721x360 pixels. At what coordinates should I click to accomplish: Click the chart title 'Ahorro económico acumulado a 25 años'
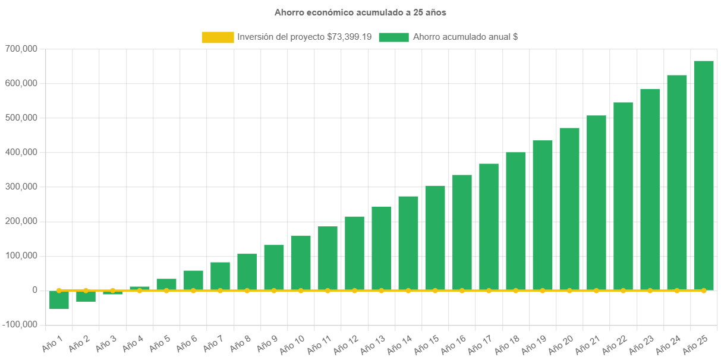[x=360, y=12]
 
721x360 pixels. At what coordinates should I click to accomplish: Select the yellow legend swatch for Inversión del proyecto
[x=217, y=37]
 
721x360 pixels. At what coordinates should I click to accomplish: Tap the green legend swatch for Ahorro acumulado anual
[x=393, y=37]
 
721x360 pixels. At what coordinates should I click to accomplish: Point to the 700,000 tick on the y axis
[x=21, y=49]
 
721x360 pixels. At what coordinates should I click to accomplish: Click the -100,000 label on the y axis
[x=20, y=324]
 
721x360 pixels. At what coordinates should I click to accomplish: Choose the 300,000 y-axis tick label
[x=21, y=187]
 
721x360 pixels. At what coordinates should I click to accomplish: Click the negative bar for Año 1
[x=59, y=300]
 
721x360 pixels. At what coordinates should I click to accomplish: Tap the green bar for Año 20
[x=569, y=209]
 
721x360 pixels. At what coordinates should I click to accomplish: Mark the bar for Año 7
[x=220, y=276]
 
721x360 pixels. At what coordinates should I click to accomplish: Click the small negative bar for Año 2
[x=86, y=296]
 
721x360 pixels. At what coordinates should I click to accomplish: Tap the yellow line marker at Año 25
[x=704, y=290]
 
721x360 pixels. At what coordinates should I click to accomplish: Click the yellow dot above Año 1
[x=59, y=290]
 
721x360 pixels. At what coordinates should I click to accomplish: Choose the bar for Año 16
[x=462, y=232]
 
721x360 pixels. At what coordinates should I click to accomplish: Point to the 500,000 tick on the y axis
[x=21, y=118]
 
